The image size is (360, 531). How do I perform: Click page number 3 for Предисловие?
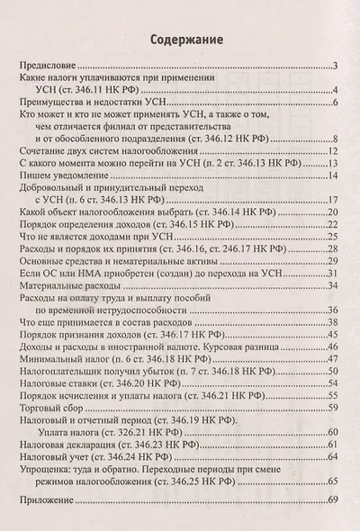point(334,67)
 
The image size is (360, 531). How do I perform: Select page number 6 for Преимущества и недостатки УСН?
point(334,103)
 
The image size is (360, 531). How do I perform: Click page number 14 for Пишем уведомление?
point(332,163)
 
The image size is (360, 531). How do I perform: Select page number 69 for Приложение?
point(332,499)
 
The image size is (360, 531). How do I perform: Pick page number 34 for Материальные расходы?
point(332,285)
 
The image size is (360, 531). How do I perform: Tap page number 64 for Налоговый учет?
point(332,456)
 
